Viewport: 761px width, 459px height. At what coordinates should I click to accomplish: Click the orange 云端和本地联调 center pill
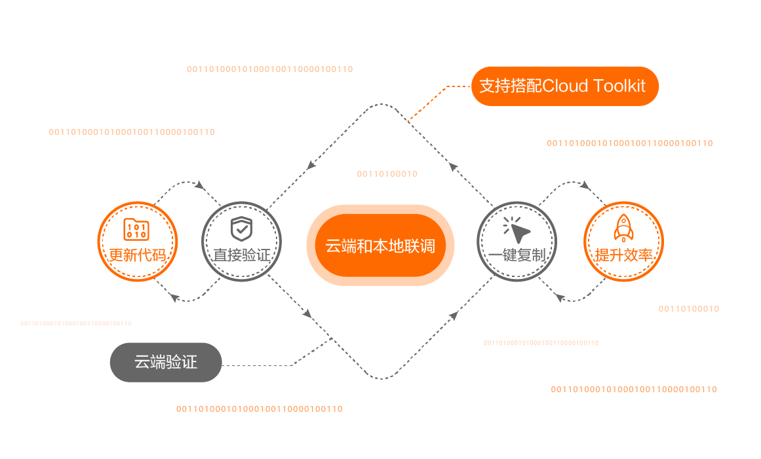380,246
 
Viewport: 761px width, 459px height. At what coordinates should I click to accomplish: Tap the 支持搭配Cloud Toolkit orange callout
564,86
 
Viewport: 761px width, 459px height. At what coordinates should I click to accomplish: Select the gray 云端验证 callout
166,362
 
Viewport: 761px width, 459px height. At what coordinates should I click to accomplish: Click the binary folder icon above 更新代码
137,230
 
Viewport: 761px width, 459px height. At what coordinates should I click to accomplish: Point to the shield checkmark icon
241,229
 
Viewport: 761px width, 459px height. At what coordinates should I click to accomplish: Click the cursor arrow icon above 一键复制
517,229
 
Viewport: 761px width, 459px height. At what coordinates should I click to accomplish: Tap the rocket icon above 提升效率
623,229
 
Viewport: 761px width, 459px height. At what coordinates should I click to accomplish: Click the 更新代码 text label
137,255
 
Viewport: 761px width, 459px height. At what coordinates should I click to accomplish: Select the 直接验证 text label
241,255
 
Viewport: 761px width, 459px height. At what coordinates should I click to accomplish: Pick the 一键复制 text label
517,255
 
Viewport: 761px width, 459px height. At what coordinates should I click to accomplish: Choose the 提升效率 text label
623,255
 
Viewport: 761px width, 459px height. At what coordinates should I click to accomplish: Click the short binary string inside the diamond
387,174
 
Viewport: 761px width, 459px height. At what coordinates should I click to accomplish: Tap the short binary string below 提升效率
688,309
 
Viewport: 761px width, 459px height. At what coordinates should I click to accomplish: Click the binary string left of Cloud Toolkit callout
269,69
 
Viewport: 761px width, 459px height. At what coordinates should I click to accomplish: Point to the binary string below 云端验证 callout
259,409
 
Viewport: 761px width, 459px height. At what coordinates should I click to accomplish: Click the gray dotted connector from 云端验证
262,365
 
